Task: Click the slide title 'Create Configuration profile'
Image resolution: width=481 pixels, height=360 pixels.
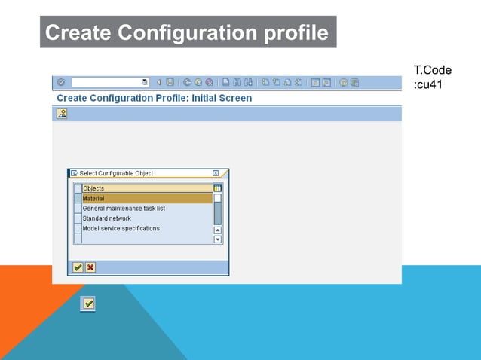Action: coord(187,33)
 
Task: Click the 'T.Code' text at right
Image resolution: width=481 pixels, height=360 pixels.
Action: coord(433,70)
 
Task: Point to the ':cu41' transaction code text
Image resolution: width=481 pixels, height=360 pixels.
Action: coord(427,84)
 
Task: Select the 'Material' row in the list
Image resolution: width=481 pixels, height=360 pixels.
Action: coord(147,198)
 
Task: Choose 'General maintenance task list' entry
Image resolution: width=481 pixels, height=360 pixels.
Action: coord(124,208)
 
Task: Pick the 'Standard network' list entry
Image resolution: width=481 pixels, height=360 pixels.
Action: coord(106,218)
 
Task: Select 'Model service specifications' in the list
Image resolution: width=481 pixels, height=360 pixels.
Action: coord(121,228)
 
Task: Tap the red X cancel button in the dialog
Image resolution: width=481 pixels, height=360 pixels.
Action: coord(90,267)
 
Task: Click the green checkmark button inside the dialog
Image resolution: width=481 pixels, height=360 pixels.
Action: coord(78,267)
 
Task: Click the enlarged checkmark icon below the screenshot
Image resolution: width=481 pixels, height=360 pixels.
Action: coord(89,303)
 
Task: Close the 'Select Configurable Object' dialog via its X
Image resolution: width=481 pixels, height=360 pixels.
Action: coord(216,173)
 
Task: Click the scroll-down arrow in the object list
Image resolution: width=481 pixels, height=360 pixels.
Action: coord(218,239)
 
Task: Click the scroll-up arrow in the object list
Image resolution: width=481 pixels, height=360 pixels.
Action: coord(218,230)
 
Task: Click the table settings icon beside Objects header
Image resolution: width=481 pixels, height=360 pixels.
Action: coord(218,188)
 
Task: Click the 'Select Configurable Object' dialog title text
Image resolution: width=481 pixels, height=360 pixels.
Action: coord(116,173)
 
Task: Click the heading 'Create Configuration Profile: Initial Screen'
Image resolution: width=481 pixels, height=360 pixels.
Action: coord(155,98)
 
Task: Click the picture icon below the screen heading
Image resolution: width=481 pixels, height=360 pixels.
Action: coord(62,113)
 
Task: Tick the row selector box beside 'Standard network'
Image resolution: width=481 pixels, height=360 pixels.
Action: coord(78,218)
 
